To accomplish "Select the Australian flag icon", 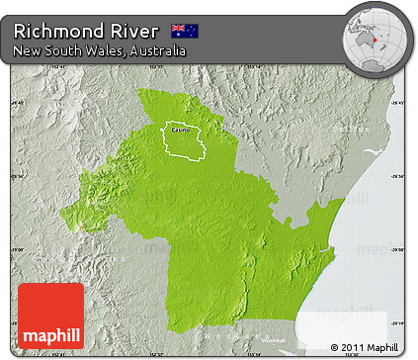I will (185, 30).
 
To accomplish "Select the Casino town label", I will (180, 130).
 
